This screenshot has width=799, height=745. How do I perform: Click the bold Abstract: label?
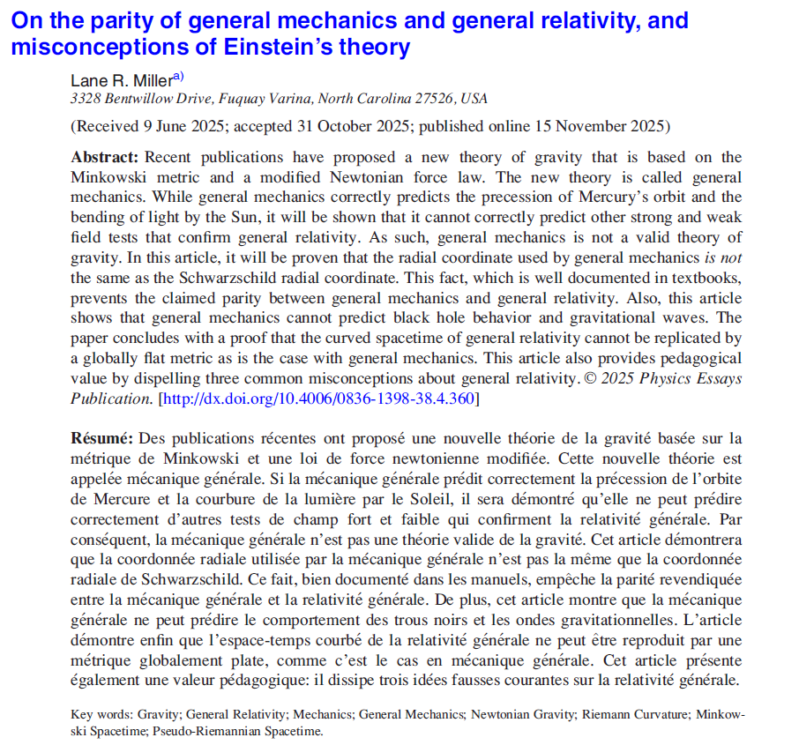point(105,158)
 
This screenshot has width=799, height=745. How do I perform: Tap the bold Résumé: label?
point(101,438)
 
